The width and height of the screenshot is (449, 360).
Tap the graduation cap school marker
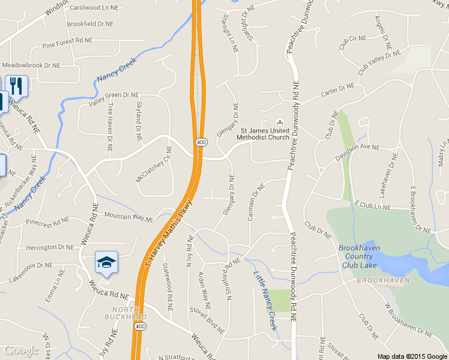[x=106, y=262]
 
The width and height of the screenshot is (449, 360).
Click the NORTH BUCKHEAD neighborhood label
[x=125, y=313]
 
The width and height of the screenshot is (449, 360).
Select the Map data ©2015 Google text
[x=412, y=356]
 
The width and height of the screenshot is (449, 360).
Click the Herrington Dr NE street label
[x=49, y=247]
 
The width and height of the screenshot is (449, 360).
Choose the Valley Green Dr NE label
[x=113, y=98]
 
